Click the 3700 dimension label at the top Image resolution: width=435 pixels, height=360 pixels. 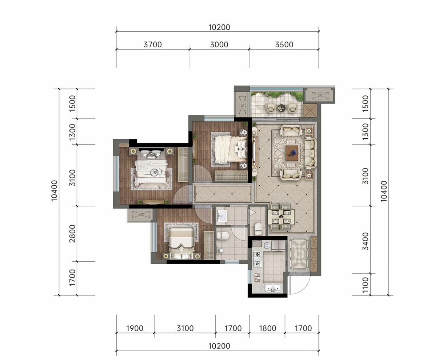[153, 44]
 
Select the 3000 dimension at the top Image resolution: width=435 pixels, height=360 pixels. [219, 44]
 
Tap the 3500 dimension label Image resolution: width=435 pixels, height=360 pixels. [284, 44]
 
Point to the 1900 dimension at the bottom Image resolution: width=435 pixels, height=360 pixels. [135, 328]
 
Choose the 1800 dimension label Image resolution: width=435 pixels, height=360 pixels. [267, 328]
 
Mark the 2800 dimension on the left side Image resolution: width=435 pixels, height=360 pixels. [72, 233]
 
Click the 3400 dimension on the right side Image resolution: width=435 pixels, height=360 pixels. [366, 241]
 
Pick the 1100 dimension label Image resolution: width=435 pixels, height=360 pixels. [366, 285]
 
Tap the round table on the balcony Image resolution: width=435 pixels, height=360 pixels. [282, 108]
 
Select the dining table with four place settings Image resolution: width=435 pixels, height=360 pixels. [281, 217]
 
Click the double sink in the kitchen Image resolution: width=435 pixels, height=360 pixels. [274, 288]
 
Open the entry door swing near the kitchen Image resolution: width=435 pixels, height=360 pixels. [299, 283]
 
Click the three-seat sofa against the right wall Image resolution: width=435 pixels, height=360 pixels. [311, 153]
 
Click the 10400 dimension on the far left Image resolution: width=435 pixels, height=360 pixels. [55, 190]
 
